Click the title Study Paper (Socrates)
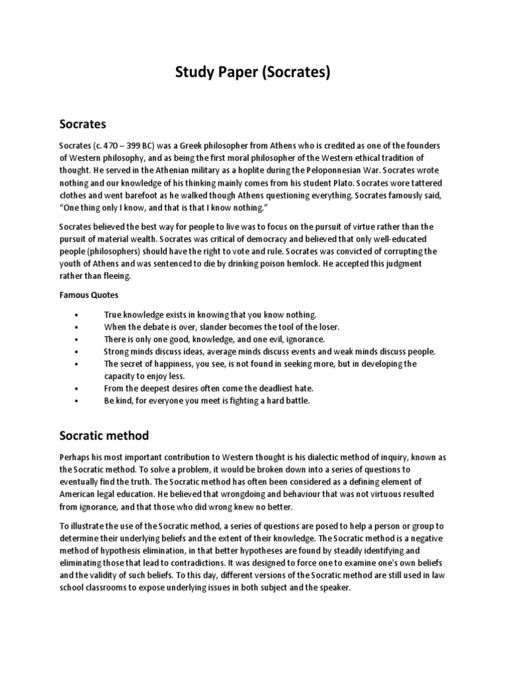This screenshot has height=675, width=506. (x=252, y=73)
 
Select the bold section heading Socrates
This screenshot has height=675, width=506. (x=83, y=123)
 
